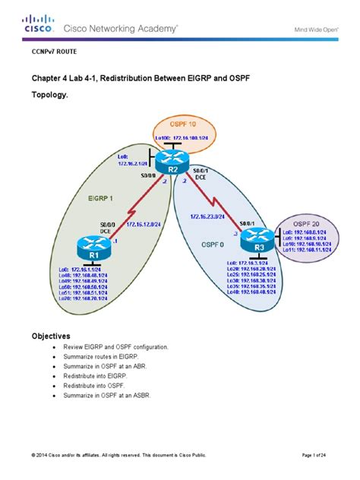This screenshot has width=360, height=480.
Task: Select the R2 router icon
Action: tap(174, 161)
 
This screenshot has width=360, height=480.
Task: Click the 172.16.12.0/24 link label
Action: tap(141, 224)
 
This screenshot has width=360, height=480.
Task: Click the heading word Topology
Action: tap(50, 97)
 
